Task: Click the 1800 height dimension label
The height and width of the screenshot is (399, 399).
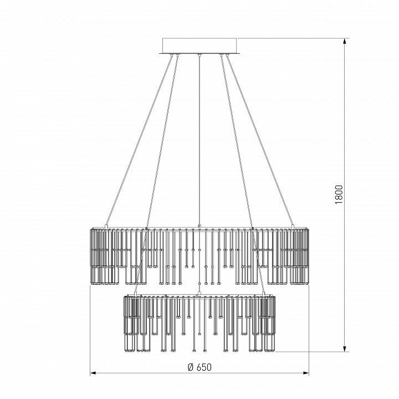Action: [x=339, y=195]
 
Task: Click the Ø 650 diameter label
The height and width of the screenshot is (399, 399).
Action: [x=199, y=367]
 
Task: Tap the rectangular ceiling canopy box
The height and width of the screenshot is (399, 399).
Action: [x=199, y=46]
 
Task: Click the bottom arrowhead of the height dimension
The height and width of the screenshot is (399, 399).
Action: [x=345, y=348]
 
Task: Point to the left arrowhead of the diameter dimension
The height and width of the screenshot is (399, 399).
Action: [x=94, y=373]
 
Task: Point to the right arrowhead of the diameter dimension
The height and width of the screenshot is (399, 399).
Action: [x=305, y=373]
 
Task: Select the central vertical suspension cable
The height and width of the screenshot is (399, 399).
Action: [x=199, y=140]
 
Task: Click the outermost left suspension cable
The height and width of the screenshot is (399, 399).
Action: [x=139, y=140]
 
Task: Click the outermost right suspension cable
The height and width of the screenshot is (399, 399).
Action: [x=260, y=140]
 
